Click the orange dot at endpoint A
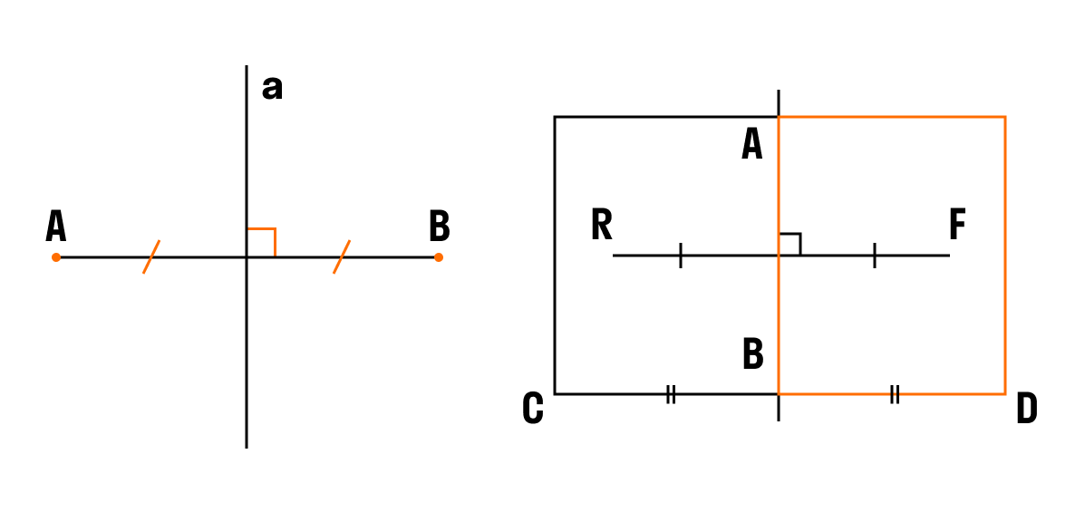pyautogui.click(x=56, y=257)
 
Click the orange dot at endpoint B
pyautogui.click(x=438, y=257)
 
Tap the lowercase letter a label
pyautogui.click(x=273, y=89)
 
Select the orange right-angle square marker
pyautogui.click(x=262, y=242)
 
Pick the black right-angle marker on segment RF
pyautogui.click(x=790, y=245)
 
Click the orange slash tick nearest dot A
pyautogui.click(x=151, y=256)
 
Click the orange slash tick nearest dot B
pyautogui.click(x=342, y=256)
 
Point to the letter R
pyautogui.click(x=602, y=225)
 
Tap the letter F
pyautogui.click(x=957, y=225)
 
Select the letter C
pyautogui.click(x=533, y=408)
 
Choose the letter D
pyautogui.click(x=1027, y=408)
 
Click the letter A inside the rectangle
pyautogui.click(x=752, y=145)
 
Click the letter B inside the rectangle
pyautogui.click(x=753, y=353)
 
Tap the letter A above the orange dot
pyautogui.click(x=56, y=227)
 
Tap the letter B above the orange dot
pyautogui.click(x=440, y=227)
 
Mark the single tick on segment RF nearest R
pyautogui.click(x=681, y=256)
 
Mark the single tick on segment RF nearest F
pyautogui.click(x=875, y=256)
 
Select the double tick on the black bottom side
pyautogui.click(x=670, y=394)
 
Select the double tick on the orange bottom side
pyautogui.click(x=894, y=394)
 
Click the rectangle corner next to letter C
pyautogui.click(x=555, y=394)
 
